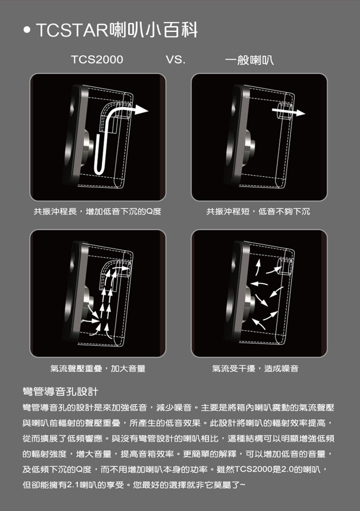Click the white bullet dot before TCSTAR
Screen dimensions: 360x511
tap(27, 30)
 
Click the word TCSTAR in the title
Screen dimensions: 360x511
tap(71, 30)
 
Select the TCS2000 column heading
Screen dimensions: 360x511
tap(97, 60)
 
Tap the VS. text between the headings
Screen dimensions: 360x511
tap(175, 60)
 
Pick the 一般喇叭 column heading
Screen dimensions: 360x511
tap(249, 60)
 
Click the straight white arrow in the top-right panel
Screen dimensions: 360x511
tap(289, 112)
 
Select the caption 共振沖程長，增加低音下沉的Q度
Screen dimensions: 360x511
tap(98, 212)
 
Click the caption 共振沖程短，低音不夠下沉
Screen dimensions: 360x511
tap(258, 212)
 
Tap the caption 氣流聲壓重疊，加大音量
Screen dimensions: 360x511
tap(98, 368)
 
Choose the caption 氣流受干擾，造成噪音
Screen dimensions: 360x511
tap(255, 368)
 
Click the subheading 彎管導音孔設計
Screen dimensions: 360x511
tap(60, 391)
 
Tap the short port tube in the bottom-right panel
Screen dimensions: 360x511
tap(285, 266)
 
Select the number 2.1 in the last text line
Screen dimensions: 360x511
tap(73, 485)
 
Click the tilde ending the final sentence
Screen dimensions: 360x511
tap(243, 485)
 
